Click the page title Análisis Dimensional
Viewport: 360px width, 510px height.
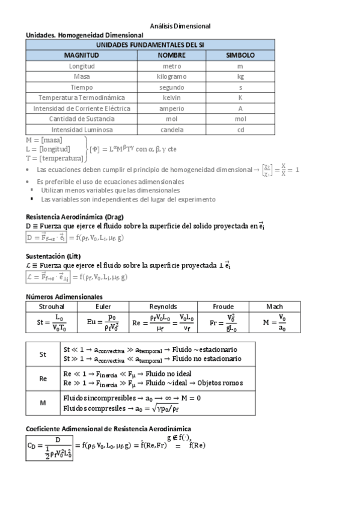pyautogui.click(x=180, y=26)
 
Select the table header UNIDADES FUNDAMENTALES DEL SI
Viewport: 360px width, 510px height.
pyautogui.click(x=150, y=45)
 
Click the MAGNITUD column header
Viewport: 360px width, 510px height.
pyautogui.click(x=82, y=55)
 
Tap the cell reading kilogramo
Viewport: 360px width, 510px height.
pyautogui.click(x=172, y=76)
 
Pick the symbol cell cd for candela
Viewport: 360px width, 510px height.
pyautogui.click(x=240, y=129)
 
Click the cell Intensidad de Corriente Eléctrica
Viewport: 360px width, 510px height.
pyautogui.click(x=82, y=108)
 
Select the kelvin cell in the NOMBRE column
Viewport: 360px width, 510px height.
pyautogui.click(x=172, y=97)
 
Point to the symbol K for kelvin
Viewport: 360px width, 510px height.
pyautogui.click(x=240, y=97)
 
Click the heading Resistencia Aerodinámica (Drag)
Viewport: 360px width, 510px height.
pyautogui.click(x=75, y=216)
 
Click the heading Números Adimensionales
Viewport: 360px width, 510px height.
pyautogui.click(x=64, y=296)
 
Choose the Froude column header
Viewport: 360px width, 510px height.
pyautogui.click(x=223, y=307)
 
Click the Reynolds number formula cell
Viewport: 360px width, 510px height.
pyautogui.click(x=163, y=322)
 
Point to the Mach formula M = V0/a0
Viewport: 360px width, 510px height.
pyautogui.click(x=274, y=322)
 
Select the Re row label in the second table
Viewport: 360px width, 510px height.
pyautogui.click(x=43, y=379)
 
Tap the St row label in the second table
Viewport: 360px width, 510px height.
pyautogui.click(x=43, y=354)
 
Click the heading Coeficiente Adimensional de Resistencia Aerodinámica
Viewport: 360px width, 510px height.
pyautogui.click(x=108, y=429)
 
